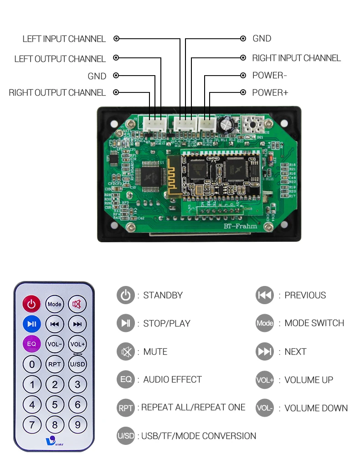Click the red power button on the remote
pyautogui.click(x=31, y=304)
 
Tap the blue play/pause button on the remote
pyautogui.click(x=31, y=324)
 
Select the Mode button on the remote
pyautogui.click(x=55, y=304)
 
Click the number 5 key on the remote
pyautogui.click(x=55, y=404)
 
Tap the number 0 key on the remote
pyautogui.click(x=32, y=364)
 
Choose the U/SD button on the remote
pyautogui.click(x=77, y=364)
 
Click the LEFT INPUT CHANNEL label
pyautogui.click(x=64, y=39)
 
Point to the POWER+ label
pyautogui.click(x=270, y=93)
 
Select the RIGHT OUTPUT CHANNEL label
pyautogui.click(x=57, y=93)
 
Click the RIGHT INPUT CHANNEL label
pyautogui.click(x=297, y=58)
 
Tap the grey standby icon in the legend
pyautogui.click(x=125, y=296)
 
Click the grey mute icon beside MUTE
pyautogui.click(x=125, y=352)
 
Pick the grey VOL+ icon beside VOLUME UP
pyautogui.click(x=265, y=380)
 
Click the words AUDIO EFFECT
pyautogui.click(x=172, y=380)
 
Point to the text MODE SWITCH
pyautogui.click(x=314, y=323)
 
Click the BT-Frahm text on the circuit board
pyautogui.click(x=240, y=226)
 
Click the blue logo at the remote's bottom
pyautogui.click(x=51, y=440)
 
